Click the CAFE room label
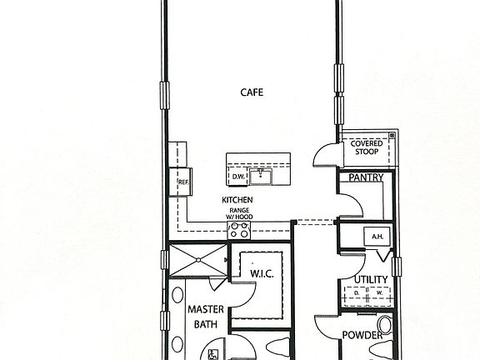point(252,92)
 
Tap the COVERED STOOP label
point(367,147)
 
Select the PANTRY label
point(366,177)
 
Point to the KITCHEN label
point(237,200)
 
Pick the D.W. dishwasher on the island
point(237,177)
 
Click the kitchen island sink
point(261,177)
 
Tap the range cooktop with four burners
point(239,230)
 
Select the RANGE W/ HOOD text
point(239,213)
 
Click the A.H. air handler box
point(377,237)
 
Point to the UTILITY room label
point(371,279)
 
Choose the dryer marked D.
point(356,293)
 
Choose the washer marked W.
point(380,293)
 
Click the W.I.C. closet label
point(262,273)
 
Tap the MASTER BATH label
point(206,317)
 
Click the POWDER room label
point(362,335)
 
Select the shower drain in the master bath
point(198,260)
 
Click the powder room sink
point(385,325)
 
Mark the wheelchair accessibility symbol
point(213,354)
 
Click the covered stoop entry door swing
point(325,155)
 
